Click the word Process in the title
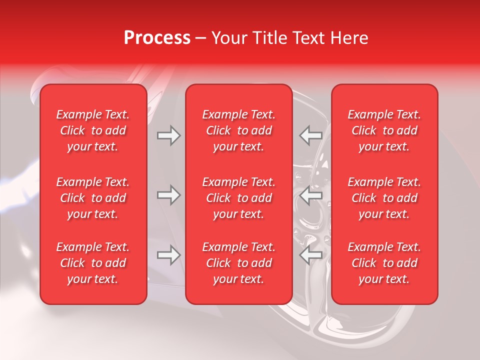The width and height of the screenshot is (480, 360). pyautogui.click(x=157, y=38)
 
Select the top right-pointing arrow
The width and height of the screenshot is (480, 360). pyautogui.click(x=169, y=136)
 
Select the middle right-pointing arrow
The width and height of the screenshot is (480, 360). pyautogui.click(x=169, y=195)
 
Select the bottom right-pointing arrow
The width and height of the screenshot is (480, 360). pyautogui.click(x=169, y=255)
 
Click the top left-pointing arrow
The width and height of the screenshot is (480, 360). pyautogui.click(x=310, y=136)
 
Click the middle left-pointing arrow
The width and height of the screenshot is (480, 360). pyautogui.click(x=310, y=195)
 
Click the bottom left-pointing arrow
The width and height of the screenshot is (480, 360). pyautogui.click(x=310, y=255)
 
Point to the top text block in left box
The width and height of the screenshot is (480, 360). pyautogui.click(x=93, y=130)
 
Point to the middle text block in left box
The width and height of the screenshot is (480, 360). pyautogui.click(x=93, y=198)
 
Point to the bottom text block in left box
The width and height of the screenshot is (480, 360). pyautogui.click(x=93, y=263)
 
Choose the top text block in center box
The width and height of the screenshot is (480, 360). pyautogui.click(x=239, y=130)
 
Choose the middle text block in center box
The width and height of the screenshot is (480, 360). pyautogui.click(x=239, y=198)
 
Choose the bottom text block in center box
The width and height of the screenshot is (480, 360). pyautogui.click(x=239, y=263)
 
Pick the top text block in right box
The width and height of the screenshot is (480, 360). pyautogui.click(x=384, y=130)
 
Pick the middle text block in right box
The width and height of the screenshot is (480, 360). pyautogui.click(x=384, y=198)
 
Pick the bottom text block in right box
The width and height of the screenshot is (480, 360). pyautogui.click(x=384, y=263)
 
